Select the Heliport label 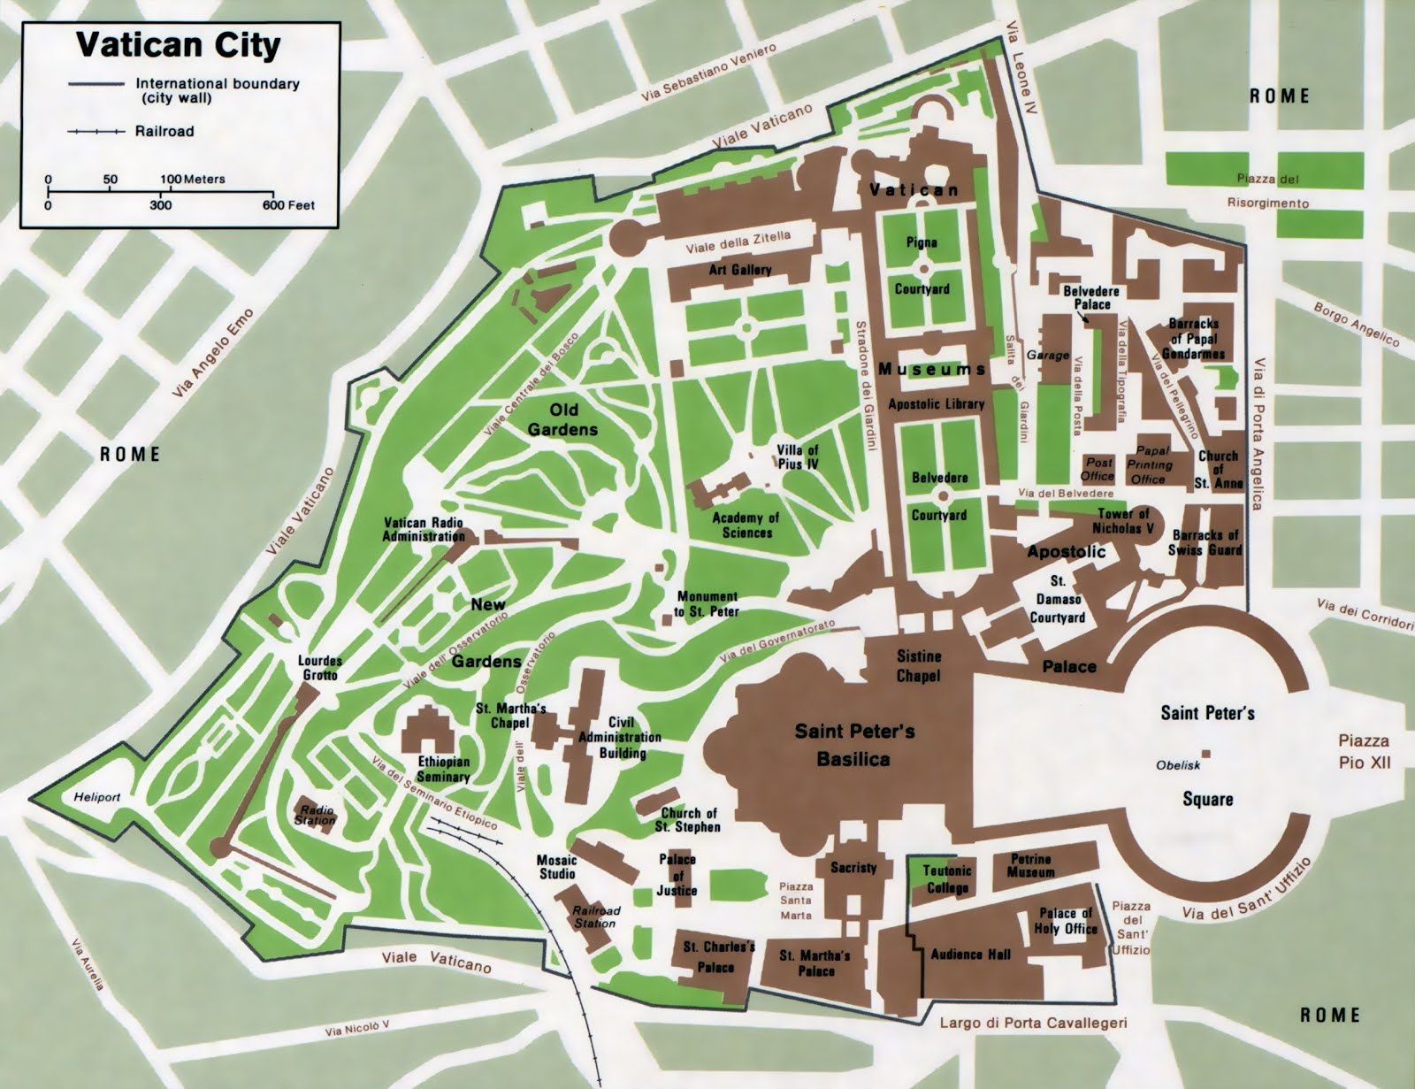[96, 796]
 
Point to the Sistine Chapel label [919, 666]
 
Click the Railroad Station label [596, 916]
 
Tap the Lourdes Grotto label [320, 668]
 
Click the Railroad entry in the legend [164, 132]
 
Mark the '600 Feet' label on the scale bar [288, 205]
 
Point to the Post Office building [1099, 469]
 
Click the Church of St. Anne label [1219, 470]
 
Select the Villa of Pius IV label [798, 456]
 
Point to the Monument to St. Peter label [707, 604]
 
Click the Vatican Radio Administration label [424, 529]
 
